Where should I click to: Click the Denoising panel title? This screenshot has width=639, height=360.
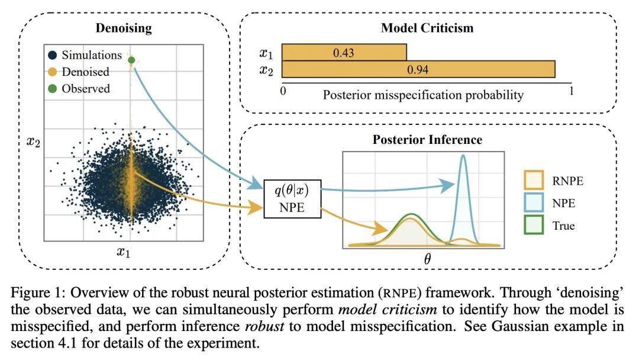(124, 28)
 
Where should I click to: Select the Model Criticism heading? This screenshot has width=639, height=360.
(427, 28)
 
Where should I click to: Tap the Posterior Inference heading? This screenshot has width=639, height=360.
(427, 140)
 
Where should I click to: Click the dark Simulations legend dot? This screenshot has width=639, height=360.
(53, 55)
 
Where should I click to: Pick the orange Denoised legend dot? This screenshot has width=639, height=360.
(53, 72)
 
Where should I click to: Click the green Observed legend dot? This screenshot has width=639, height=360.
(53, 88)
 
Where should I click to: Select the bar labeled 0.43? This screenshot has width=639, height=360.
(344, 53)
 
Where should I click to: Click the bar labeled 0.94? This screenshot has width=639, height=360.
(418, 69)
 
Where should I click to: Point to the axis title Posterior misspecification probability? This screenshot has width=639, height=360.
(423, 95)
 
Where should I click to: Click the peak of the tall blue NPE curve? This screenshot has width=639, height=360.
(463, 156)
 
